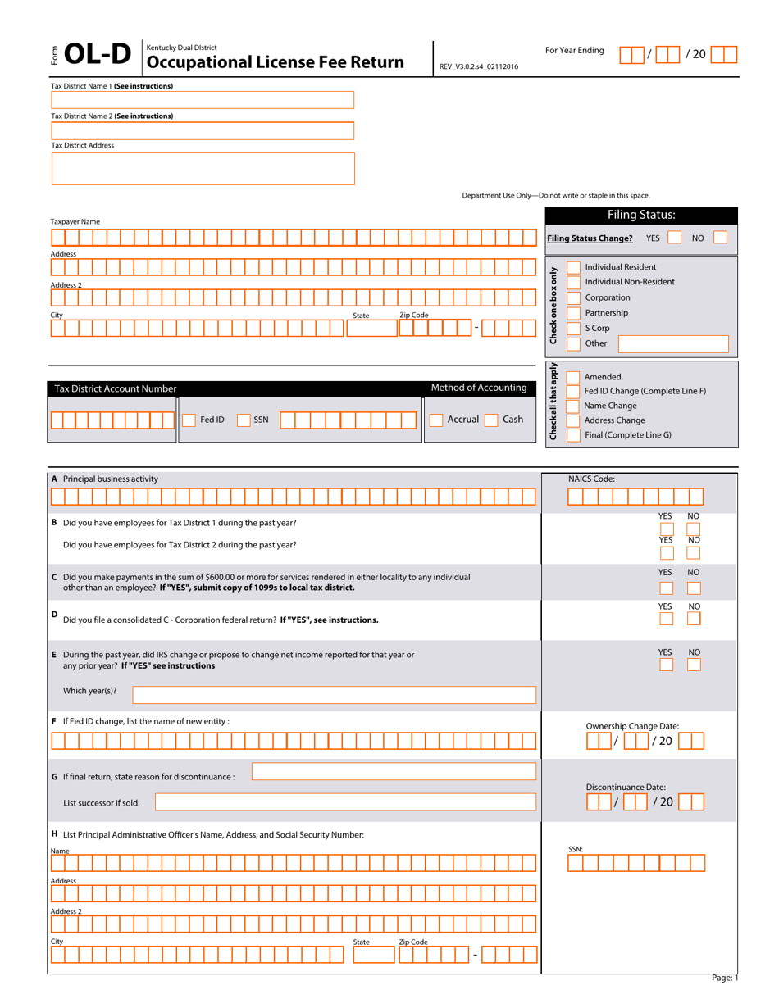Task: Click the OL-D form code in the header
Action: point(98,55)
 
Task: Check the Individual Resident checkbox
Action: point(573,266)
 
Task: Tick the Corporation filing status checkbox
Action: point(573,297)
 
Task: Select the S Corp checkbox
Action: point(573,328)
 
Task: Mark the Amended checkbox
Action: point(573,376)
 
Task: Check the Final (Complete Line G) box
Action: point(573,435)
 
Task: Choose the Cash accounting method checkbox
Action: point(490,420)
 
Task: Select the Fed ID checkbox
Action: point(188,420)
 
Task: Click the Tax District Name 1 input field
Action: point(203,100)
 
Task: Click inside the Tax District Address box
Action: point(203,168)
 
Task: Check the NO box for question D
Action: point(694,619)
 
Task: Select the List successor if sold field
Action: point(346,803)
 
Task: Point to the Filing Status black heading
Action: point(641,215)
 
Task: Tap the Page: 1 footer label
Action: point(724,977)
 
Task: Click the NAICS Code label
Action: point(591,478)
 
